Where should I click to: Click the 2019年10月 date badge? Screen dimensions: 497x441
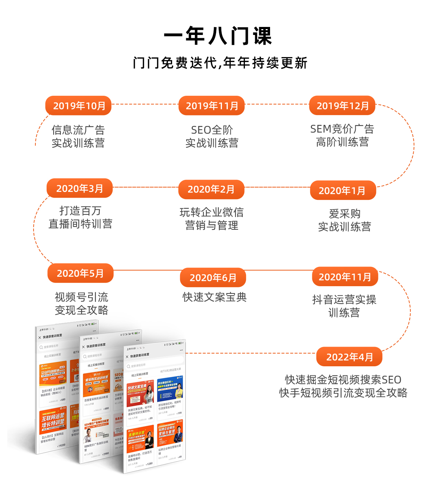point(78,106)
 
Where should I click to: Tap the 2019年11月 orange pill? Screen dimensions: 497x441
point(211,106)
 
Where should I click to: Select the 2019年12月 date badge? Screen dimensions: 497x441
point(342,106)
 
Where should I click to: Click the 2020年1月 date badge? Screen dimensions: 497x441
point(343,190)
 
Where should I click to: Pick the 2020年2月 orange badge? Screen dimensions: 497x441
point(211,189)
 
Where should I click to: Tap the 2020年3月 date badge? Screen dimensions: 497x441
point(79,188)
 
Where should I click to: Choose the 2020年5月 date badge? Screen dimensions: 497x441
point(80,273)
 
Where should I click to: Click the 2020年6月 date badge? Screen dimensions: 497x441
point(213,278)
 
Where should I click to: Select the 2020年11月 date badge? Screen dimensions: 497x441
point(345,277)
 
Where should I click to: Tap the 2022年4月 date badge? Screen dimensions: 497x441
point(349,357)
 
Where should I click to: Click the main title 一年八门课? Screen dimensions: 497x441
point(218,36)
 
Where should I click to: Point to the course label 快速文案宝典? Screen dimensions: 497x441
point(214,297)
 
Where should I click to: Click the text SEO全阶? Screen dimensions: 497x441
point(212,130)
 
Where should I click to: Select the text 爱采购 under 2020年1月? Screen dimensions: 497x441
point(344,213)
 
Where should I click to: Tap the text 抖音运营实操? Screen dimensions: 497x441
point(344,299)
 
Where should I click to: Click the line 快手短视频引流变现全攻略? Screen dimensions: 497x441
point(343,393)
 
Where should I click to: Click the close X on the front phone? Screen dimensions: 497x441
point(127,356)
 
